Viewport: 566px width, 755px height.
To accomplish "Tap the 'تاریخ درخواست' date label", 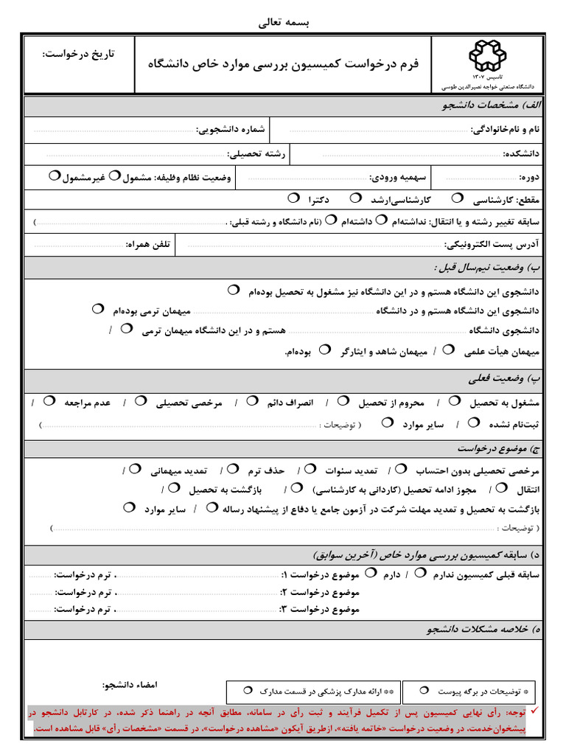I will pos(79,55).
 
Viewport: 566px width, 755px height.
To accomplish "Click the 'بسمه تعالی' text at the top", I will pos(284,23).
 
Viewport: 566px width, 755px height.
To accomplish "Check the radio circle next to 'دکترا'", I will pos(293,198).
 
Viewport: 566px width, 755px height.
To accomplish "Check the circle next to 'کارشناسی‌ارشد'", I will pos(356,198).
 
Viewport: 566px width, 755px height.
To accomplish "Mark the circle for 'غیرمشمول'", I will pos(54,175).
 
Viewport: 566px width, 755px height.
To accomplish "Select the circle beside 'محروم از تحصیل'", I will pos(343,401).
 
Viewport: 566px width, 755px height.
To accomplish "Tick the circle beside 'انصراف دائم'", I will pos(252,401).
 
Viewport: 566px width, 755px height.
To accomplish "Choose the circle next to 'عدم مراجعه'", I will pos(49,401).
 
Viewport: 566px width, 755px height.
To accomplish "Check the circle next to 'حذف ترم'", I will pos(233,467).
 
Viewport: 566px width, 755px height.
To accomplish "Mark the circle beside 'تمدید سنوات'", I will pos(311,467).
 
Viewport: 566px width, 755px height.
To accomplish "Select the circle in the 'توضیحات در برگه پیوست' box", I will pos(424,689).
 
